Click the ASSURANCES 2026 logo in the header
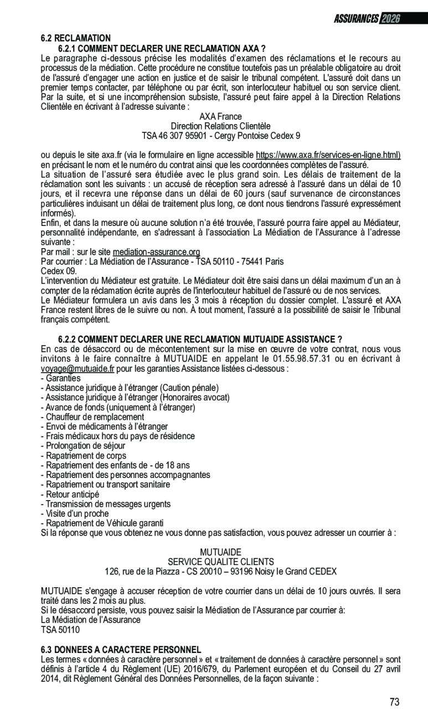click(366, 19)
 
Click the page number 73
click(394, 702)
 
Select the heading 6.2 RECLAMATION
click(76, 38)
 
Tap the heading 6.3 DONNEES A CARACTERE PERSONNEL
click(121, 650)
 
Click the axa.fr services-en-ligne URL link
click(328, 155)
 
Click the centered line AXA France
click(220, 117)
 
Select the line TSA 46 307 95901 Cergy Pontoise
click(220, 135)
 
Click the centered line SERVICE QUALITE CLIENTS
click(220, 562)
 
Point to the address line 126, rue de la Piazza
click(220, 571)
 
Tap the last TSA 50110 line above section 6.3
click(60, 630)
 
